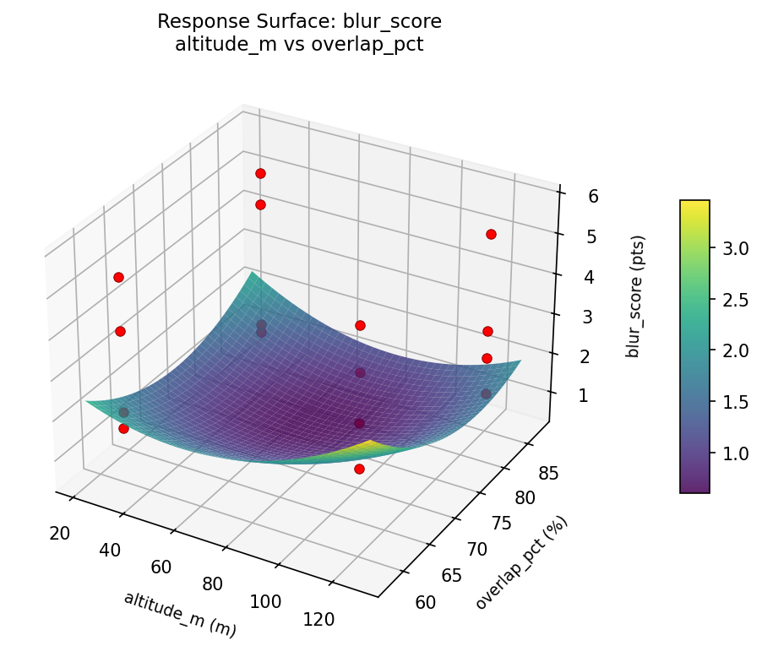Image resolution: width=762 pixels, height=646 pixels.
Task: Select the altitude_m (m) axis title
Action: coord(179,614)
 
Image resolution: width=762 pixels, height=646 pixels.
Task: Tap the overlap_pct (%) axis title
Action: coord(521,562)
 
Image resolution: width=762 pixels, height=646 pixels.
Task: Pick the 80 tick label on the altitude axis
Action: coord(212,584)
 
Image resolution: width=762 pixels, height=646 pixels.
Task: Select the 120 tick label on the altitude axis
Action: coord(318,619)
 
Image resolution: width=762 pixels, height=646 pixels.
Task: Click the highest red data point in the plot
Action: coord(260,173)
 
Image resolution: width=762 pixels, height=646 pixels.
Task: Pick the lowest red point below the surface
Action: coord(359,469)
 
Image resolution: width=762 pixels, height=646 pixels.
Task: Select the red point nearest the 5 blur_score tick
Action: coord(491,234)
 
